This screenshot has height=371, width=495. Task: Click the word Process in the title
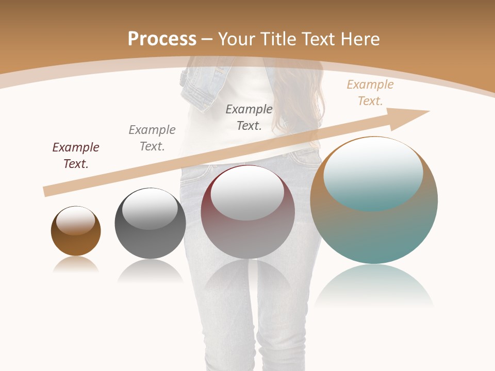click(x=162, y=39)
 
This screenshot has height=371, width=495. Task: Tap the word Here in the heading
click(x=359, y=39)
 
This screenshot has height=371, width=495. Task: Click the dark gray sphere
click(x=150, y=242)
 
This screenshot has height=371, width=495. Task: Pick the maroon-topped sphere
click(x=247, y=237)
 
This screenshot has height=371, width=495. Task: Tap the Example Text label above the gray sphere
click(x=152, y=138)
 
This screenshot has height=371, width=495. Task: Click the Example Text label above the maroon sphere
click(x=249, y=117)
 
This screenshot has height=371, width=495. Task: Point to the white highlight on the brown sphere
click(x=76, y=221)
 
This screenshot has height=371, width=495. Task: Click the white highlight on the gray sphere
click(x=150, y=209)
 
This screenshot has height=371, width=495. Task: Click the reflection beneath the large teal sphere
click(x=374, y=286)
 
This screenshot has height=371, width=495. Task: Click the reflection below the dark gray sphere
click(x=150, y=271)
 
